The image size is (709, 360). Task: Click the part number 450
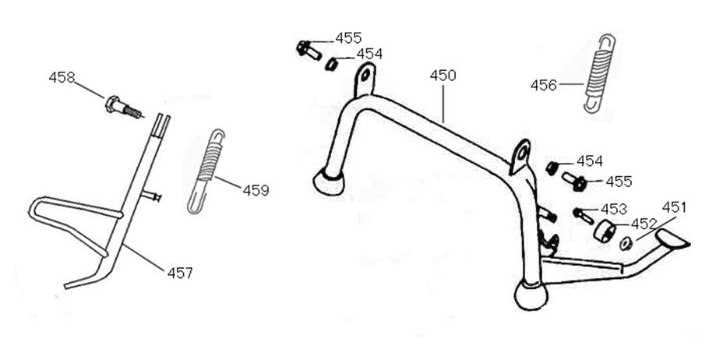443,76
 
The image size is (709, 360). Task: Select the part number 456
543,84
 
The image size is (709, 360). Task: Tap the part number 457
179,273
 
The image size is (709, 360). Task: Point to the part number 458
62,77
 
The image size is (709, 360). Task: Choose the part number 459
256,189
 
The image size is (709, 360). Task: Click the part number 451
674,207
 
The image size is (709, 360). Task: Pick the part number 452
644,224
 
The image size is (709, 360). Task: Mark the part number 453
614,208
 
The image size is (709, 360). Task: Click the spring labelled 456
598,75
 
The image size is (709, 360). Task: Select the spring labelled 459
206,170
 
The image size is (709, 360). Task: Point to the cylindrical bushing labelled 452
604,231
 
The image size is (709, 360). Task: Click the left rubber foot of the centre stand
328,182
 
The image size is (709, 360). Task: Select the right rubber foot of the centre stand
531,295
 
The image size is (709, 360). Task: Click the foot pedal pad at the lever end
672,238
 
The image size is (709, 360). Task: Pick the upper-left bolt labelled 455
309,50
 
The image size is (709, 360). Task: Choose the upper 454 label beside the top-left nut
369,54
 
